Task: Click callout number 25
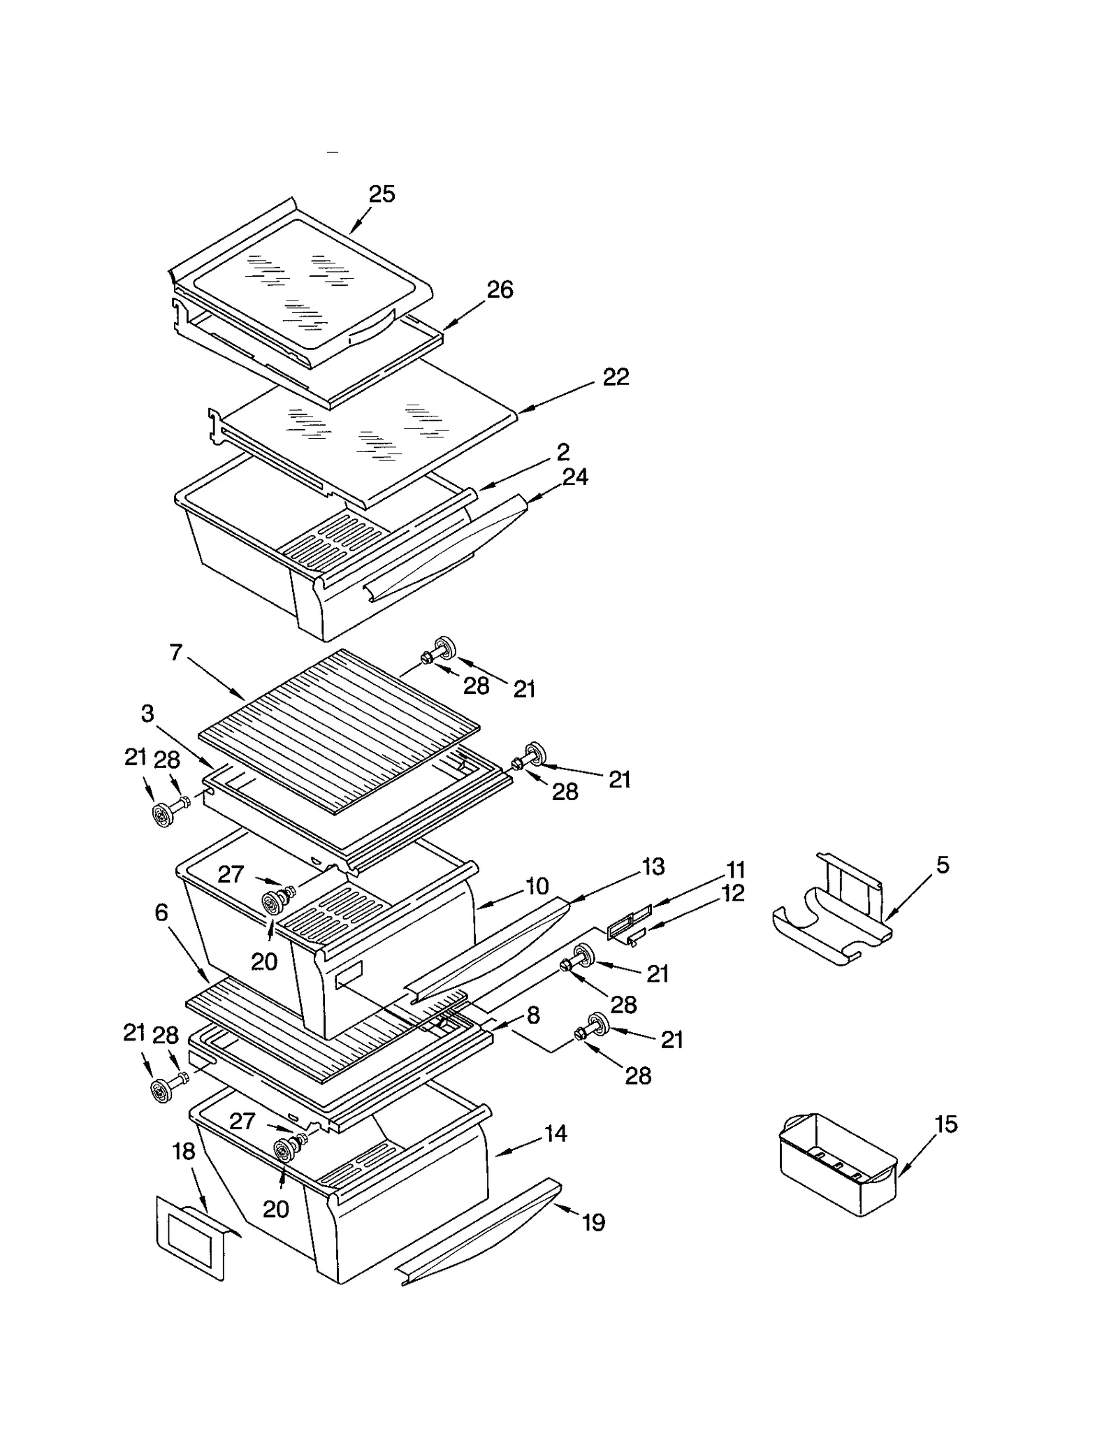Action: click(382, 194)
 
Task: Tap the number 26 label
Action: click(500, 289)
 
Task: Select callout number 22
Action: click(616, 377)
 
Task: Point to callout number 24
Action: click(575, 477)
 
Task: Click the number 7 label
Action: click(175, 653)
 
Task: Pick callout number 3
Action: click(147, 713)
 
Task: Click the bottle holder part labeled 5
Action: click(832, 915)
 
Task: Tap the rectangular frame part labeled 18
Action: click(190, 1241)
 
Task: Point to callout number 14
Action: click(556, 1133)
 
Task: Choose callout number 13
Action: click(653, 867)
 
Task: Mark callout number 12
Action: click(732, 893)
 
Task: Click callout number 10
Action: click(537, 887)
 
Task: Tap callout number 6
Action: click(161, 912)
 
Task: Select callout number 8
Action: click(533, 1015)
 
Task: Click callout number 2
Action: click(563, 452)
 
